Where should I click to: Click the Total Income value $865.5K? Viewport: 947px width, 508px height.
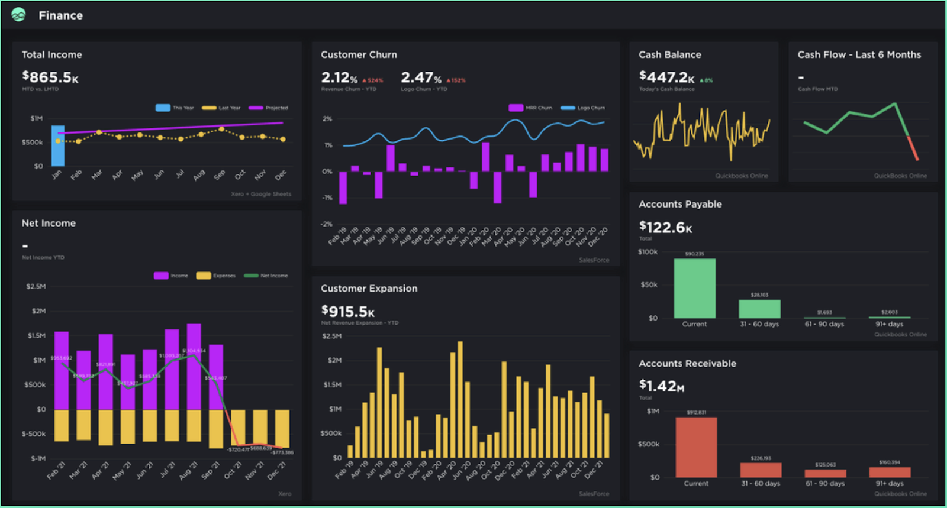(x=50, y=77)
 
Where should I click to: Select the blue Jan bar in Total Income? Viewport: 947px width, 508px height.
(x=58, y=145)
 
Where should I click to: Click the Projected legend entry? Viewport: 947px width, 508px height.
(x=269, y=108)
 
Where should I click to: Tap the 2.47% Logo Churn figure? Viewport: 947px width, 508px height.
(x=421, y=77)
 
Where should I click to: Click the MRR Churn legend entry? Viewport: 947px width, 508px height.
(x=530, y=108)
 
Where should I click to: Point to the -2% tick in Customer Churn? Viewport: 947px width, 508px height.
(x=327, y=224)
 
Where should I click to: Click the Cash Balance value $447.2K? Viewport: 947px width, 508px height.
(x=667, y=77)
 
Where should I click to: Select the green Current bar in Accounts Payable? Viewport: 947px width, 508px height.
(x=694, y=289)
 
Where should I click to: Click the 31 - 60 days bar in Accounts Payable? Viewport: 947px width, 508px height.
(x=759, y=309)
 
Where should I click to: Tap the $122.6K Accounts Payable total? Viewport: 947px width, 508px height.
(x=665, y=227)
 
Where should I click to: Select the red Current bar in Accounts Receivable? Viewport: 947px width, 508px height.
(x=696, y=448)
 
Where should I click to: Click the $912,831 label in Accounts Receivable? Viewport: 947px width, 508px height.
(x=696, y=412)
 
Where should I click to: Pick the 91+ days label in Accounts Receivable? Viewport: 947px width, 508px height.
(x=890, y=483)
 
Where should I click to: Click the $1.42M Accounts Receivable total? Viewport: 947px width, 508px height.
(x=662, y=386)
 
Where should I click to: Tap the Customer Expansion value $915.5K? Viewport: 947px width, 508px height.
(x=348, y=311)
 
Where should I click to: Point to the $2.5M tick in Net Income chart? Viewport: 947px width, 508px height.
(x=36, y=286)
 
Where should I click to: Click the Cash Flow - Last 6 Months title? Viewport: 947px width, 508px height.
(x=859, y=54)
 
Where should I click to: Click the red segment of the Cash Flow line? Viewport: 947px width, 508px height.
(x=913, y=148)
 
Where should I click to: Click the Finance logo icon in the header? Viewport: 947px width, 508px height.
(x=18, y=15)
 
